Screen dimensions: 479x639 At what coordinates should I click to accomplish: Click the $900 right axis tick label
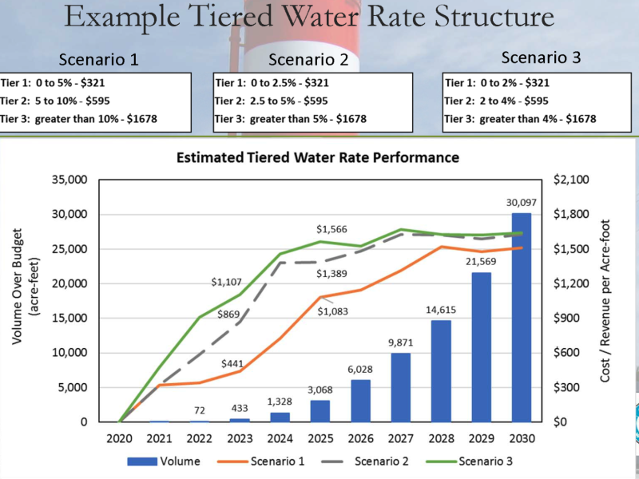pos(563,318)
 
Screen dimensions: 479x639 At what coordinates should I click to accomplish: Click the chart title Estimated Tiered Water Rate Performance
pos(318,157)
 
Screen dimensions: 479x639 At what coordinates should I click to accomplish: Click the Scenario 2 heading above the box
pos(307,59)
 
